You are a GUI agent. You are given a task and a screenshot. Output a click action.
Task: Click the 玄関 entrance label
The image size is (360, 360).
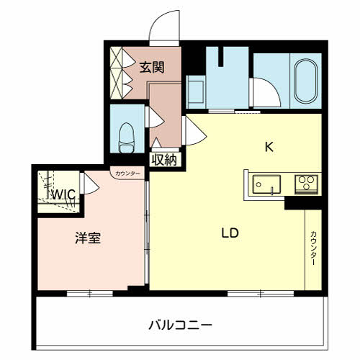point(152,67)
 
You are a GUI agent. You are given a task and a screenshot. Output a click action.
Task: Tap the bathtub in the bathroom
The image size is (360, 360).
point(305,81)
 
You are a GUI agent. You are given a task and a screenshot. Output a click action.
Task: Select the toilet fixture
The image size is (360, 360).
point(127,138)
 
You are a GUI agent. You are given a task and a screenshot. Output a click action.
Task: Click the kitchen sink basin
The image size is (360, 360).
point(266,184)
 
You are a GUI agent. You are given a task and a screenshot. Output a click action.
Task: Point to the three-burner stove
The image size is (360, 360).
point(307,184)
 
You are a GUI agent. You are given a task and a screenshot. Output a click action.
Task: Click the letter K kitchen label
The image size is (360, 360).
point(269,147)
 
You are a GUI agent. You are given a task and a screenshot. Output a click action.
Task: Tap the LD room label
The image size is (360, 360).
point(230,233)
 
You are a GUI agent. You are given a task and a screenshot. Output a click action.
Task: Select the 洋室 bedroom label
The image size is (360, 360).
point(88,238)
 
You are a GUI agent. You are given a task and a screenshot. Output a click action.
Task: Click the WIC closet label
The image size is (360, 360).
point(64,194)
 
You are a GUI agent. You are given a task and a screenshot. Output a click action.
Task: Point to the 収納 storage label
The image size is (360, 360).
point(164,160)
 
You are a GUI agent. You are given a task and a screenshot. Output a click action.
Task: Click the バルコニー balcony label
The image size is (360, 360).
point(181,325)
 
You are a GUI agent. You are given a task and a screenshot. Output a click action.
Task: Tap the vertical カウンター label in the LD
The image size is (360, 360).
point(313,248)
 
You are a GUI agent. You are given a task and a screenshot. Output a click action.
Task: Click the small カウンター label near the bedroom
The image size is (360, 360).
point(127,174)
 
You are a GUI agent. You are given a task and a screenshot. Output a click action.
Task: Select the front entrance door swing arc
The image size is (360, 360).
point(164,26)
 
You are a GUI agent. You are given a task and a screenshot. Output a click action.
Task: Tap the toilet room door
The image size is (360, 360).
point(155,117)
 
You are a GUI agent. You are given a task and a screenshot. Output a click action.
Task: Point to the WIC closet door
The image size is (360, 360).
point(90,184)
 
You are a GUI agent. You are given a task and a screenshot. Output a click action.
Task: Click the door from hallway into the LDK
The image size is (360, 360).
point(194,130)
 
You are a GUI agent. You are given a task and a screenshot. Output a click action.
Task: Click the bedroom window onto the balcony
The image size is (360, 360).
point(90,294)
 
